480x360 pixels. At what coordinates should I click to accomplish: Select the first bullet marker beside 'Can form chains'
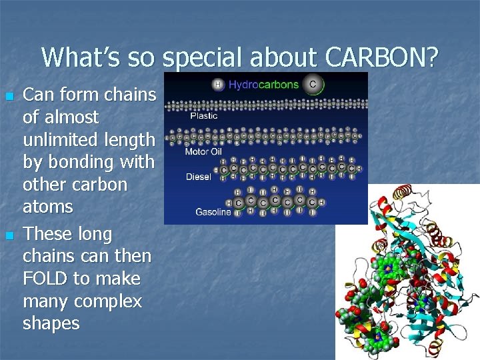(9, 97)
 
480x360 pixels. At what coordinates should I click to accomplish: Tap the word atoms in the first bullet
(47, 207)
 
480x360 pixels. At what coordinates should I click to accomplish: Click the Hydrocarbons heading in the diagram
(264, 85)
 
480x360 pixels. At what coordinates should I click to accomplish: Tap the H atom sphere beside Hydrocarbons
(218, 85)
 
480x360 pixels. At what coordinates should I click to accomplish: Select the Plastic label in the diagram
(204, 115)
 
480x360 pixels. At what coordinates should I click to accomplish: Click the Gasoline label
(213, 213)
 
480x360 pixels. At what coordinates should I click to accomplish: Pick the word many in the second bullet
(45, 301)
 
